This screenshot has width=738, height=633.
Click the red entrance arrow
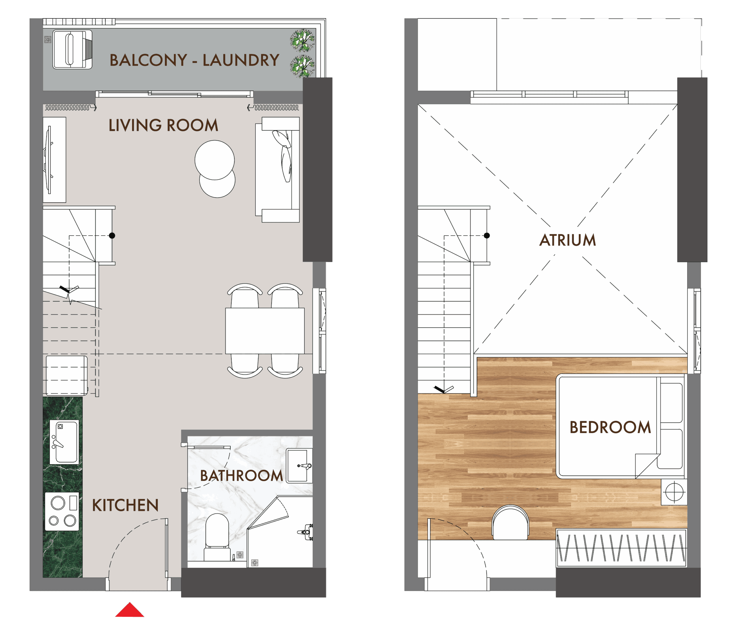click(x=130, y=610)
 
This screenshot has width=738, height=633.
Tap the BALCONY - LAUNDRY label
click(x=194, y=60)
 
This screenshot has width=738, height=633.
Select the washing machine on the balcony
click(x=72, y=50)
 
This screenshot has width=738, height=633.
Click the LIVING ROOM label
click(x=163, y=125)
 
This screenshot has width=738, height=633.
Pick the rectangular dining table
click(x=265, y=331)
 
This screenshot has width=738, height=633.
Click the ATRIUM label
click(x=567, y=240)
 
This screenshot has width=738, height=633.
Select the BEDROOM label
click(x=610, y=427)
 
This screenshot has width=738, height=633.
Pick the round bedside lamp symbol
click(x=674, y=492)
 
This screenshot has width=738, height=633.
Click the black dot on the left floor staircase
click(x=112, y=236)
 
